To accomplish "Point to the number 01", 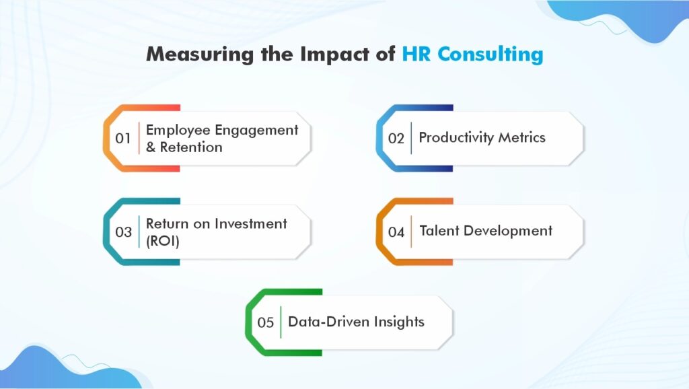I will [x=123, y=139].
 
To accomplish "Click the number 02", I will [x=396, y=139].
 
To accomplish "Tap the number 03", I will [x=123, y=232].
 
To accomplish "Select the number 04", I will [x=396, y=232].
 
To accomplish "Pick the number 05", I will [x=266, y=322].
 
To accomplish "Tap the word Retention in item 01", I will [x=191, y=147].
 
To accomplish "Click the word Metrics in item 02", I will [x=522, y=137].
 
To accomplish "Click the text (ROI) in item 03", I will [x=163, y=240].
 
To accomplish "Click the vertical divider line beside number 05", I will [x=281, y=322].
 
